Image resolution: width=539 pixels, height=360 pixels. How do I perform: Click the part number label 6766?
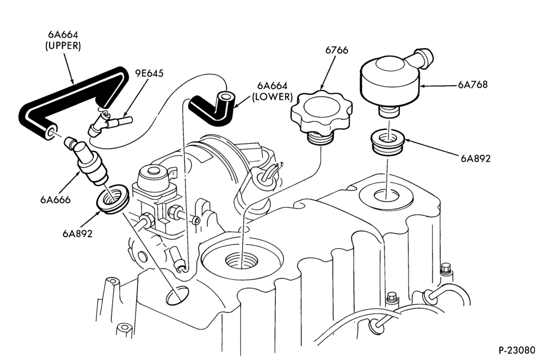pyautogui.click(x=336, y=50)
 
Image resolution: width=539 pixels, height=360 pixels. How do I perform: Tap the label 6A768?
pyautogui.click(x=472, y=85)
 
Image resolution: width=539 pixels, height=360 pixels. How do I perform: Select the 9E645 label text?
pyautogui.click(x=149, y=73)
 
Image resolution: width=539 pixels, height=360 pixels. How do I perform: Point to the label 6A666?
pyautogui.click(x=55, y=199)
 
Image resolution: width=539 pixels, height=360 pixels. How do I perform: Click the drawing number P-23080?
pyautogui.click(x=517, y=350)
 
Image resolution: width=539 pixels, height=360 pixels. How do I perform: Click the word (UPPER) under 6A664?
pyautogui.click(x=63, y=46)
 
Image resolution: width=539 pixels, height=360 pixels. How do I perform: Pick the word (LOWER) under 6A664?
pyautogui.click(x=272, y=97)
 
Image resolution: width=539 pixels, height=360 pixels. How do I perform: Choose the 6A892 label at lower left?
pyautogui.click(x=77, y=233)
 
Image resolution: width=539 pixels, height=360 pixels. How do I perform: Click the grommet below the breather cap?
pyautogui.click(x=388, y=142)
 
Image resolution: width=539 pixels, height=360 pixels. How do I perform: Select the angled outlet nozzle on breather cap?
pyautogui.click(x=423, y=58)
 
